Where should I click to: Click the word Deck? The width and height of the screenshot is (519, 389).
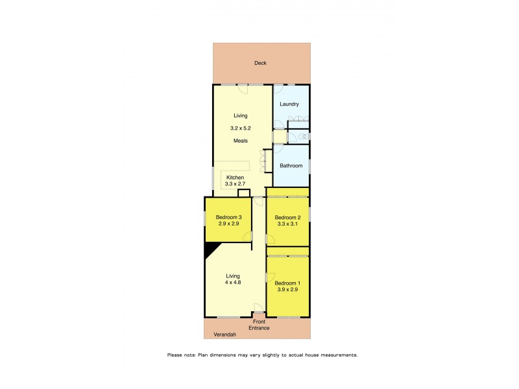point(260,63)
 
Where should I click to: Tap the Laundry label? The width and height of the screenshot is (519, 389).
point(289,104)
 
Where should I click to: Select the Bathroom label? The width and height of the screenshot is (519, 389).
point(291,166)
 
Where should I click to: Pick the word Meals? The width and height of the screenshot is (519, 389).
point(241,141)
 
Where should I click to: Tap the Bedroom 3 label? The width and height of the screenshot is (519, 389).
point(228,217)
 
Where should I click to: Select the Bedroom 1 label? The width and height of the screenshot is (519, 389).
point(287,283)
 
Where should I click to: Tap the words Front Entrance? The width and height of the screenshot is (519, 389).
point(259,325)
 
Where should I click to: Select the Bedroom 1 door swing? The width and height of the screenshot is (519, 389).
point(271,277)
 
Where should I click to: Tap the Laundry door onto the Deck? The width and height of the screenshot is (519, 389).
point(278,89)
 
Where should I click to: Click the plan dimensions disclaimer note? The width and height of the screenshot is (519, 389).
point(262,355)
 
